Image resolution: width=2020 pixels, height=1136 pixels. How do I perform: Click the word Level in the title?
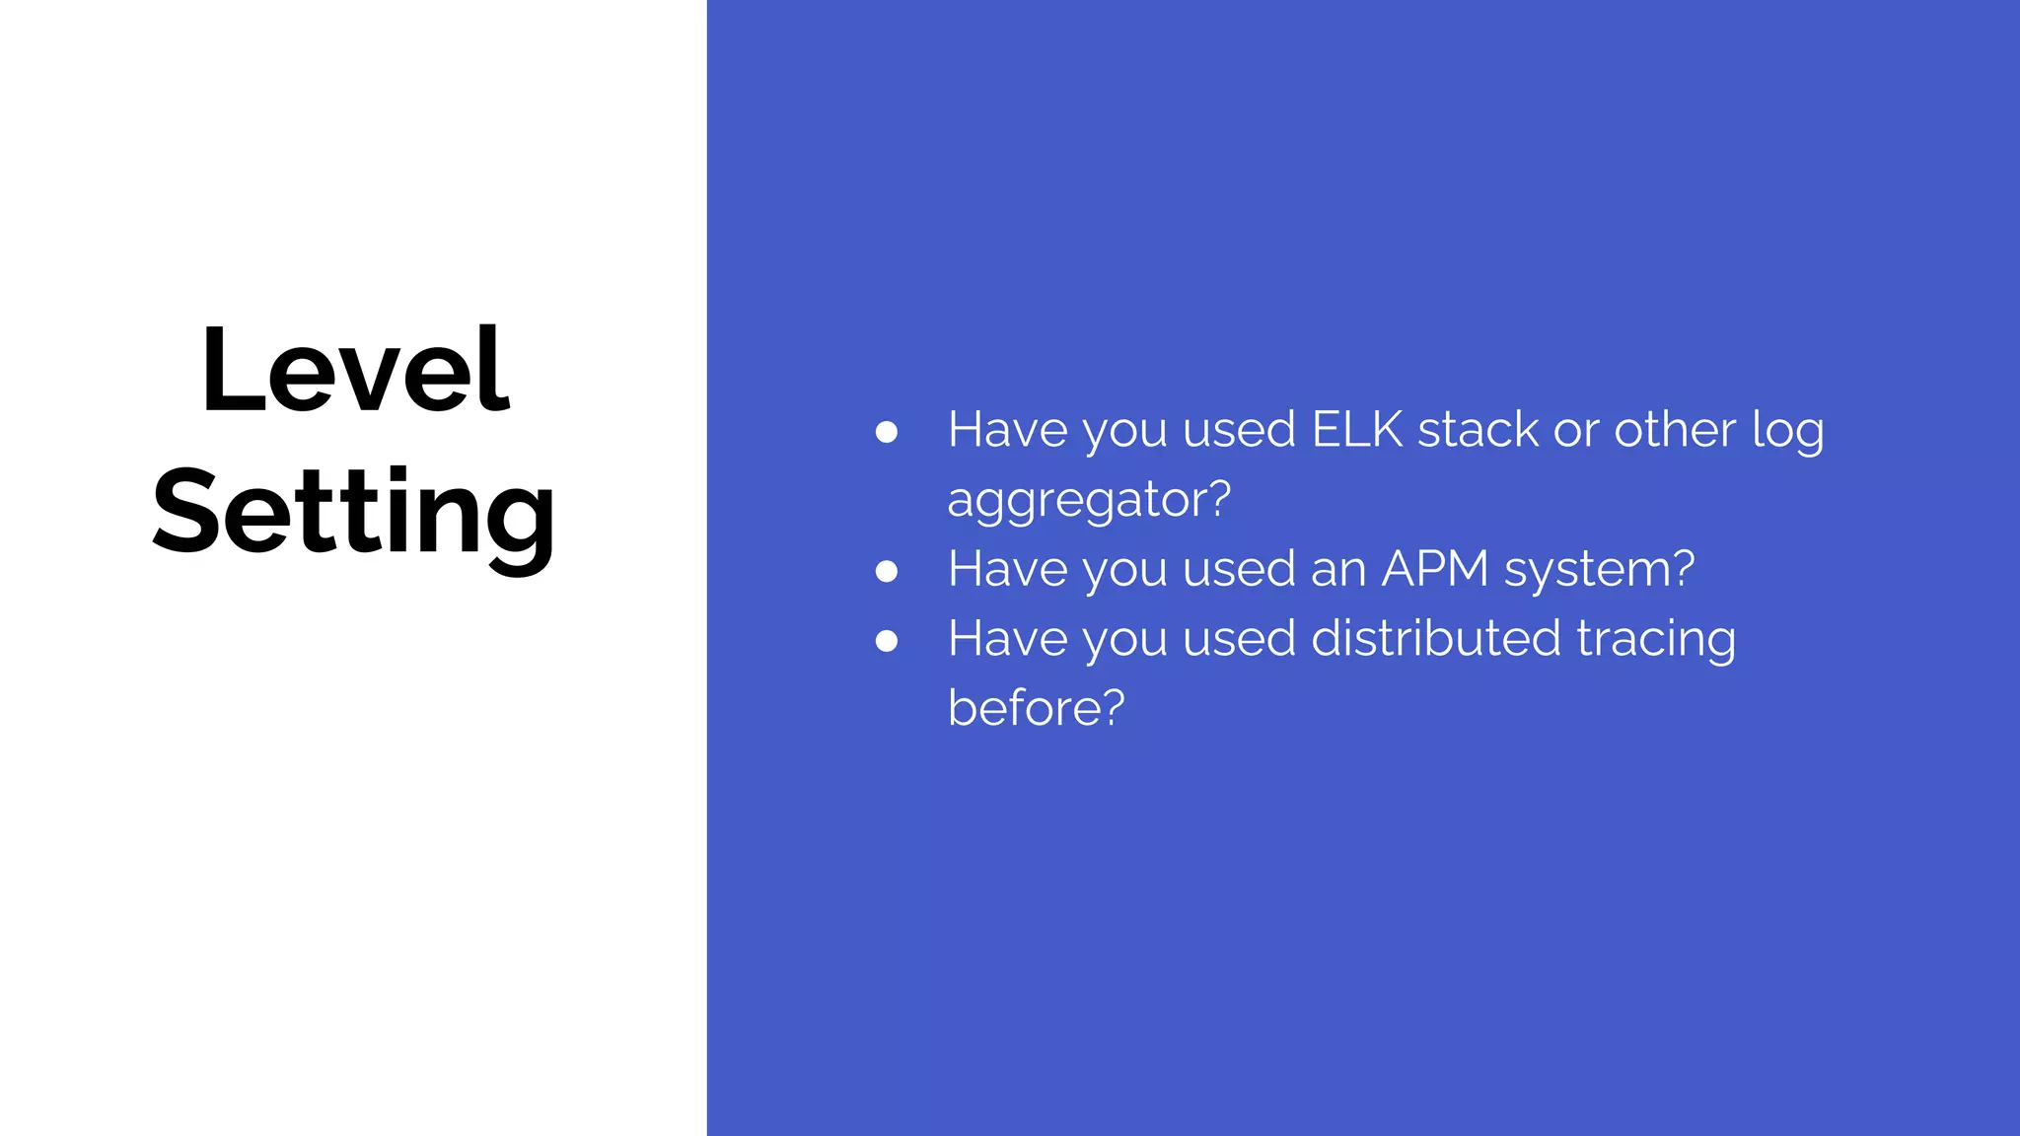(355, 371)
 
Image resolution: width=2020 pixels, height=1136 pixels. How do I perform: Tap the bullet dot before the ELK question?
(887, 432)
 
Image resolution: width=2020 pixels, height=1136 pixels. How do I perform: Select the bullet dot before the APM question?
(887, 571)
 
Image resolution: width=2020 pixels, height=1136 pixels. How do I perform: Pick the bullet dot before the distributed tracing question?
(887, 641)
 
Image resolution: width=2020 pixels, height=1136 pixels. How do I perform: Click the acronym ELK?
(1356, 430)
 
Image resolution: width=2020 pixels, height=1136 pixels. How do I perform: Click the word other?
(1674, 430)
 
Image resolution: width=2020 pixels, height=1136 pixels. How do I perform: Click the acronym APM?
(1434, 569)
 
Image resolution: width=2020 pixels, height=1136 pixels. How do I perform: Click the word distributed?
(1436, 638)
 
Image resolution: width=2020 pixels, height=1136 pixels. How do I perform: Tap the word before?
(1036, 708)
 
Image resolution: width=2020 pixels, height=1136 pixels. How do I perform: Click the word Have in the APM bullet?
(1007, 569)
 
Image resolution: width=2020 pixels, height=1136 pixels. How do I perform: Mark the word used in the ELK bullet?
(1239, 430)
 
